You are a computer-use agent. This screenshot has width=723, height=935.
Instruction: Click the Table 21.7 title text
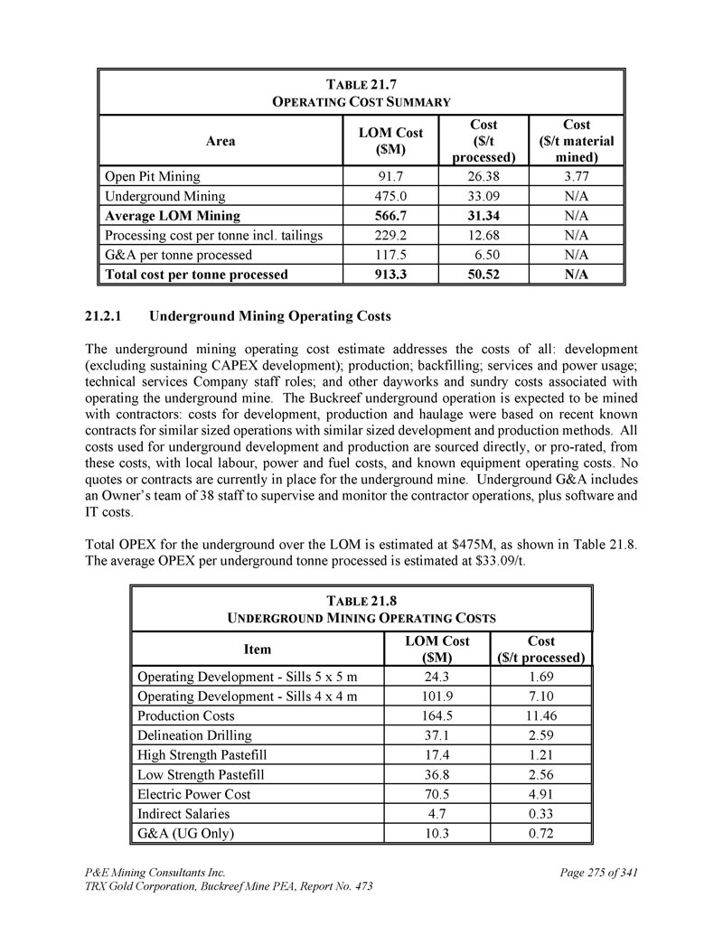pos(361,84)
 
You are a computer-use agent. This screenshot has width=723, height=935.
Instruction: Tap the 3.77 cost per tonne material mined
pos(576,177)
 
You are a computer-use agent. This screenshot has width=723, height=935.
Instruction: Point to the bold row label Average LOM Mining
pos(173,216)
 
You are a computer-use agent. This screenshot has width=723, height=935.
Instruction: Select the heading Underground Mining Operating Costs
pos(269,317)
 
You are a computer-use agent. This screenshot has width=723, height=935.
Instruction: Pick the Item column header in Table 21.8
pos(258,649)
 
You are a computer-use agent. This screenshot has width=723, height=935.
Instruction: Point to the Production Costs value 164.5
pos(437,715)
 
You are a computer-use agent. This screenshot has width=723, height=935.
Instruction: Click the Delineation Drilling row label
pos(194,735)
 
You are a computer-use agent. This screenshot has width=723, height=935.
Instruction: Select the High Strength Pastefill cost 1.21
pos(541,755)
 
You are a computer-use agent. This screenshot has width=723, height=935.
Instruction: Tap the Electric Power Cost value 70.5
pos(437,795)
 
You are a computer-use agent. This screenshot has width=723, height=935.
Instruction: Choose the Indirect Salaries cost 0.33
pos(541,815)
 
